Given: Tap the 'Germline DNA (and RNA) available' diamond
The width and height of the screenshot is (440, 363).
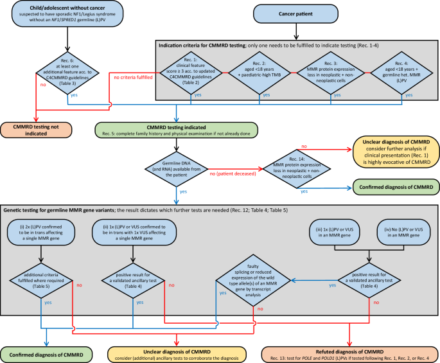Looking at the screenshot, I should click(x=175, y=168).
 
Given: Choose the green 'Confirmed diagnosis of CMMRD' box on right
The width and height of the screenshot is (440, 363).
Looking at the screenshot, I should click(x=392, y=188).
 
